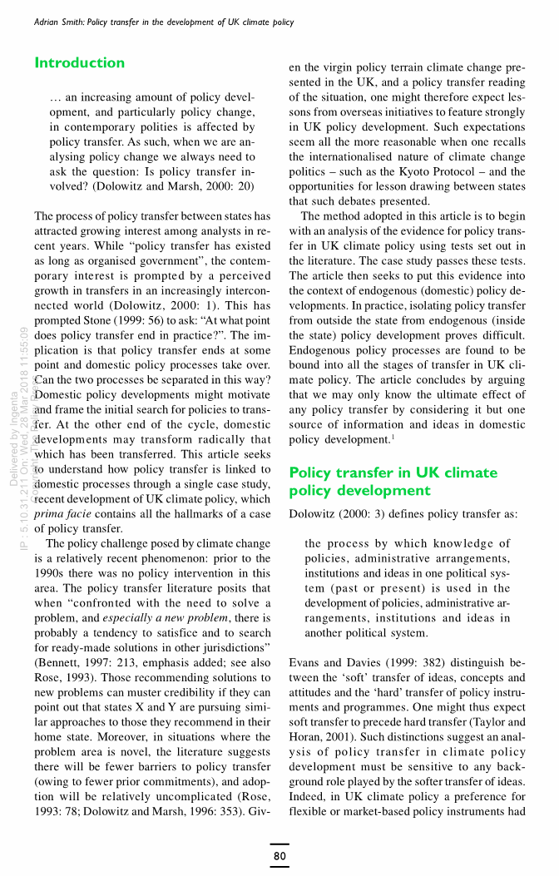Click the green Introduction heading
pos(80,63)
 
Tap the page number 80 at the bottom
pos(279,855)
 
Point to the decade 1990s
pos(54,572)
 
